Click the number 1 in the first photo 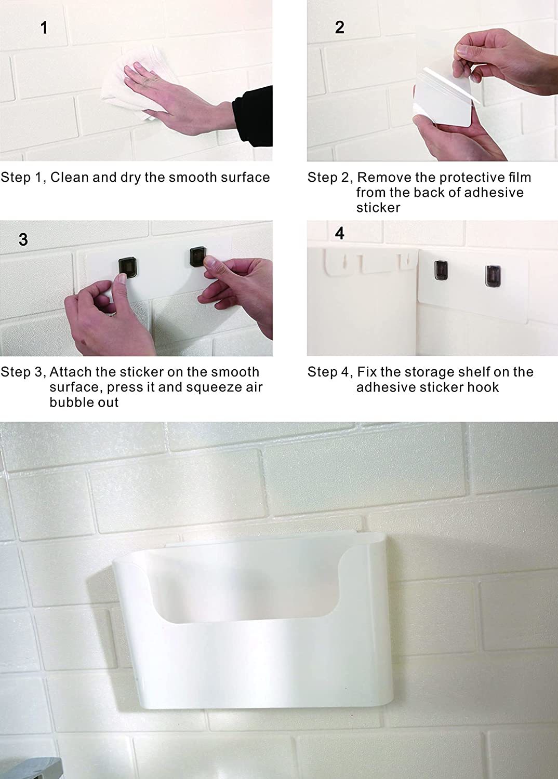tap(44, 28)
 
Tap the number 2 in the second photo tap(340, 28)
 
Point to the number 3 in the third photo tap(23, 239)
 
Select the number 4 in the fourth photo tap(340, 233)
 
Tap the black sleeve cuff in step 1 tap(253, 116)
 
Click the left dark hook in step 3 tap(127, 267)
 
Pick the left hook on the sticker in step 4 tap(441, 270)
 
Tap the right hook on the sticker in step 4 tap(493, 276)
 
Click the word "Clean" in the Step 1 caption tap(70, 178)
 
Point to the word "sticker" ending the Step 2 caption tap(378, 208)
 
